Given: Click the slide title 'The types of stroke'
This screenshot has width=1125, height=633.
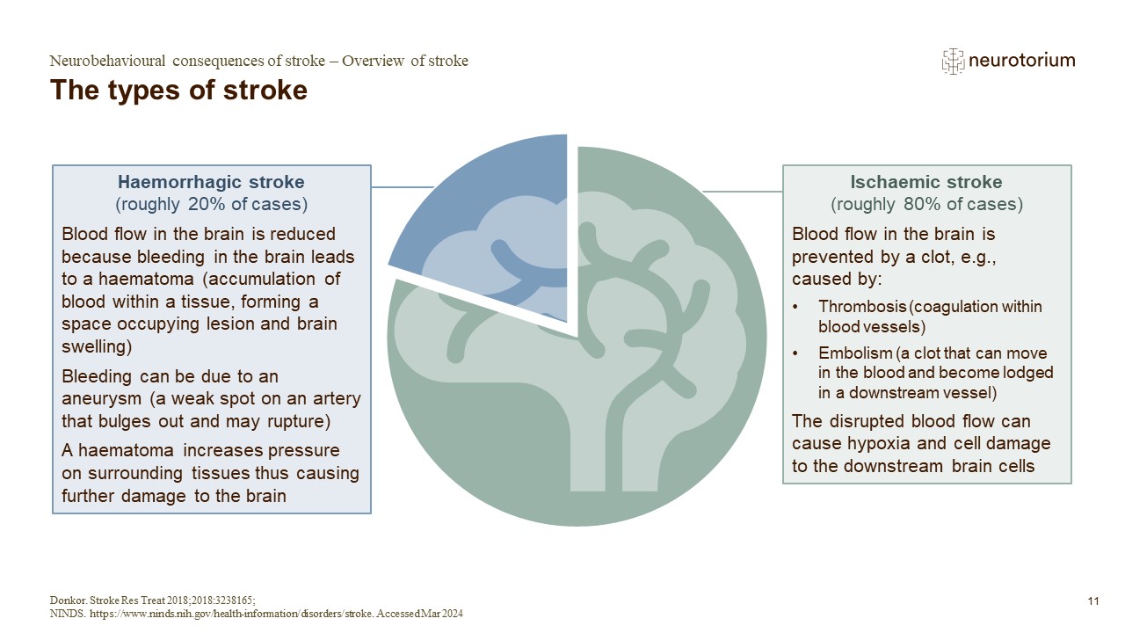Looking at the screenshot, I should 179,91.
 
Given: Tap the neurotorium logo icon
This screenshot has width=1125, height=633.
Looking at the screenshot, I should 953,61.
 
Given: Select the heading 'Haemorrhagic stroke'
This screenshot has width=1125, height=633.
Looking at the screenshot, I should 211,183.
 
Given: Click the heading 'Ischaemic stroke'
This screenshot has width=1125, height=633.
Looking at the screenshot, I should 926,183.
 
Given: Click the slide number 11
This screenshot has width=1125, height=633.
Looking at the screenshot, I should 1093,601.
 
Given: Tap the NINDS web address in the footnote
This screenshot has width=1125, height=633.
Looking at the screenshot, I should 221,614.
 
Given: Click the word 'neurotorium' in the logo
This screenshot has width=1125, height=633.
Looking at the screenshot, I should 1021,61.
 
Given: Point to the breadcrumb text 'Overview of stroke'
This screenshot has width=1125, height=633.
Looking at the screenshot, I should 405,62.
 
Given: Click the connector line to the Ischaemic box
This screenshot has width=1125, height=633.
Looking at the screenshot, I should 743,191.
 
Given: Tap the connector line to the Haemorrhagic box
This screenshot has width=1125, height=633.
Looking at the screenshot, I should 403,187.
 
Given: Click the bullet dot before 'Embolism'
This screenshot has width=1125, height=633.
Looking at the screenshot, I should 796,353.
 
